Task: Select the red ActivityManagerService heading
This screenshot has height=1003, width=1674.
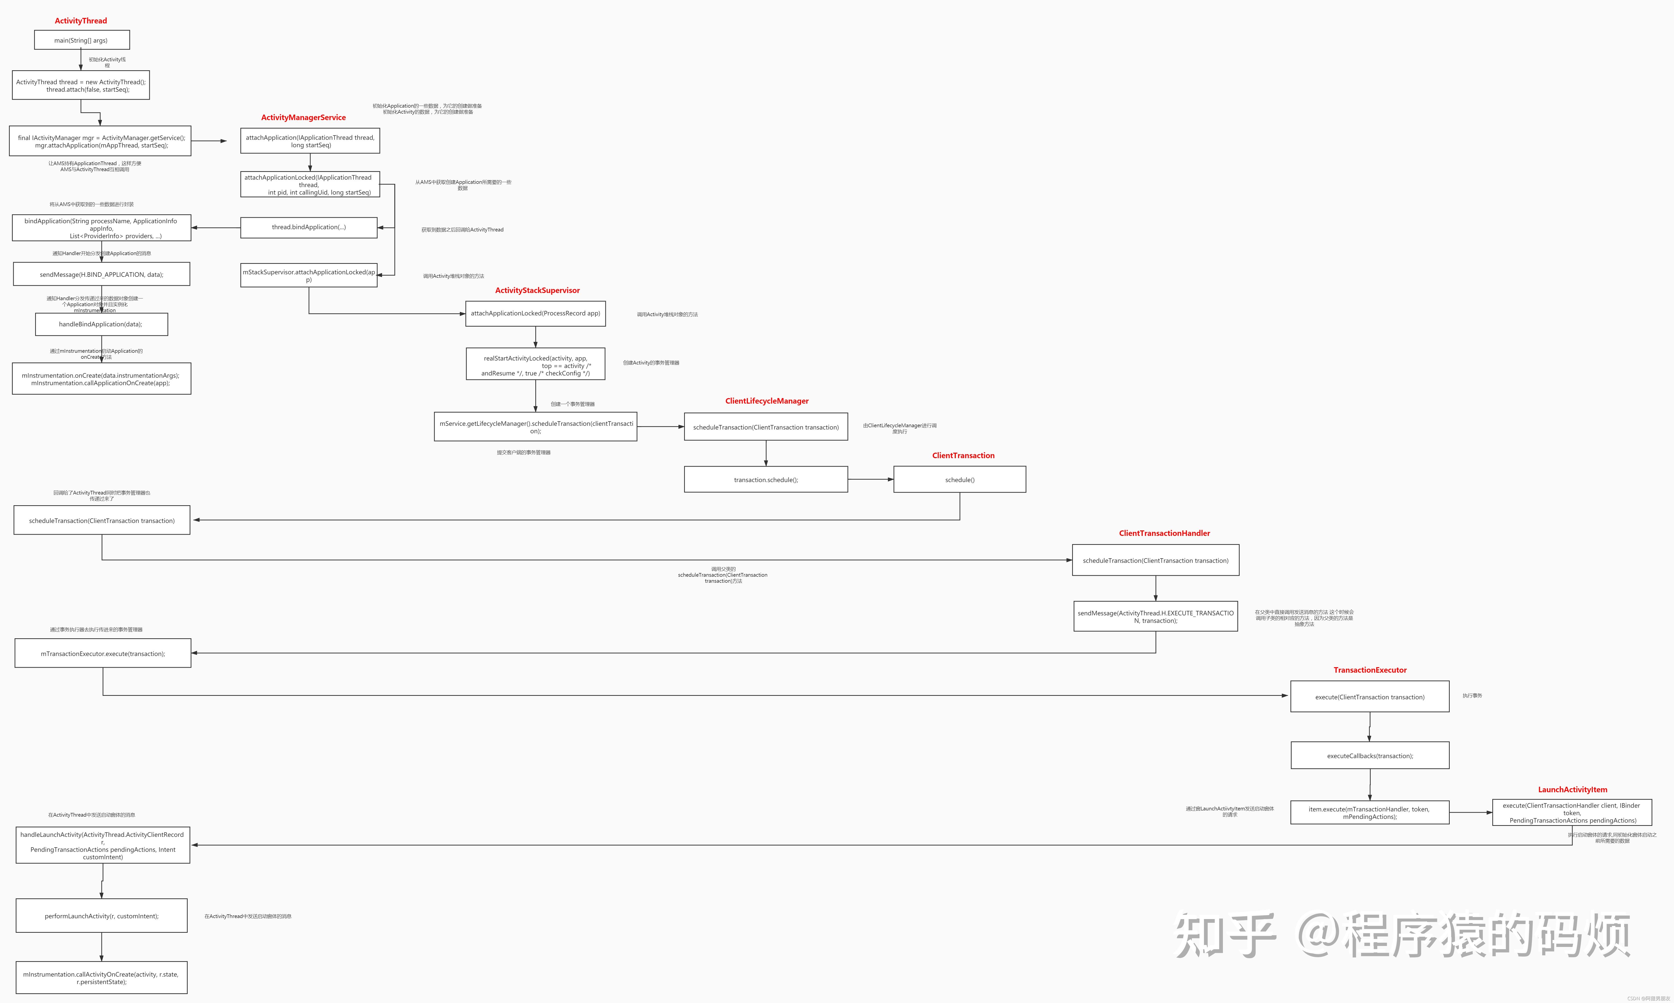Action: click(x=304, y=118)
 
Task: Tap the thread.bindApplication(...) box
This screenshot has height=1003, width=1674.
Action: click(x=309, y=228)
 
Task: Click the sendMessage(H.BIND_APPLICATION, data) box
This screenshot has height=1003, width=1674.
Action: click(x=101, y=274)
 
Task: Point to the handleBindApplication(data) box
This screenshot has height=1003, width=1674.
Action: click(x=101, y=324)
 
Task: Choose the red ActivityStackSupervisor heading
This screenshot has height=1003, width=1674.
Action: click(x=538, y=291)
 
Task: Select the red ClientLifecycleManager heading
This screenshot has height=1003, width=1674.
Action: click(x=767, y=401)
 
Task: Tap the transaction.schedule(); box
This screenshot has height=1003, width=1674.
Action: click(x=766, y=480)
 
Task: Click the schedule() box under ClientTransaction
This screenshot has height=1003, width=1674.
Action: click(x=959, y=480)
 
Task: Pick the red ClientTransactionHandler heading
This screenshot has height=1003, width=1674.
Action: click(x=1164, y=533)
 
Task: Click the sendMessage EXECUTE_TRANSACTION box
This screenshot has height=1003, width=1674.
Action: click(x=1155, y=616)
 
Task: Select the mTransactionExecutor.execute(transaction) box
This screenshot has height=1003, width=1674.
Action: click(x=103, y=653)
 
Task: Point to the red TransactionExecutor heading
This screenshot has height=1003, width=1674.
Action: click(x=1370, y=670)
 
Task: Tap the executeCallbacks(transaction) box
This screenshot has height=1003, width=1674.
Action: click(x=1370, y=756)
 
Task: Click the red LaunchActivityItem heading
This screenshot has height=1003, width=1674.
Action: click(x=1573, y=789)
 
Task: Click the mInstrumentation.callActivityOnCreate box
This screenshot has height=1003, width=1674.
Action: click(x=101, y=978)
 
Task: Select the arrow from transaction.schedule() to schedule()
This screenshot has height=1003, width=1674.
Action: click(x=871, y=480)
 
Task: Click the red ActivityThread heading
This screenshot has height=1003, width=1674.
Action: click(x=81, y=21)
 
